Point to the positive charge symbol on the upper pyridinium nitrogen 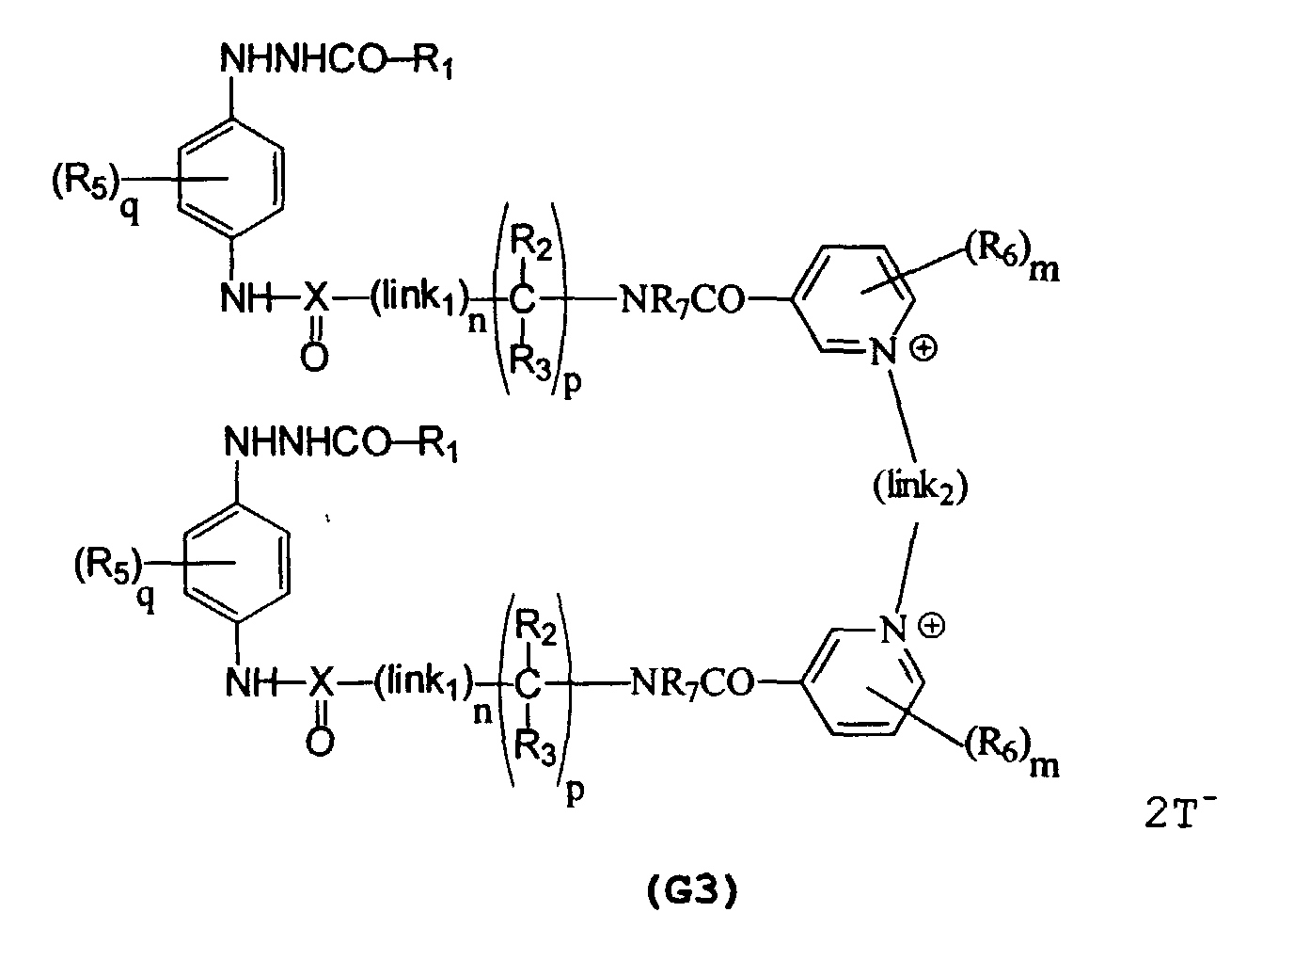click(923, 349)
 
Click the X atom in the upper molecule click(316, 300)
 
